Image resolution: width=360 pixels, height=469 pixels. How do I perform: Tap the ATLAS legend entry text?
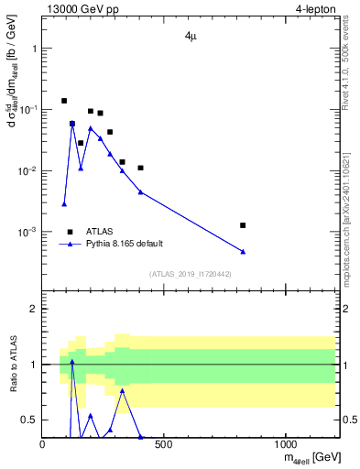[x=100, y=232]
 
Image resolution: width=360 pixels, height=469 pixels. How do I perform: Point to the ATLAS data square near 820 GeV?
[x=243, y=224]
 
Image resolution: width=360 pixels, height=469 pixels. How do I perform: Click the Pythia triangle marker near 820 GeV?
[x=243, y=251]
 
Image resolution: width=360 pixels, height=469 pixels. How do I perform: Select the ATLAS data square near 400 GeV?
[x=140, y=168]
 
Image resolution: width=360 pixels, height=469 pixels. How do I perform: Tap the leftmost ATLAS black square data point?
[x=64, y=101]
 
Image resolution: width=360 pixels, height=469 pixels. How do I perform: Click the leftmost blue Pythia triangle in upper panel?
[x=64, y=203]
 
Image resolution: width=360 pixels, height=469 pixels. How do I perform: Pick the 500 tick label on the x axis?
[x=164, y=445]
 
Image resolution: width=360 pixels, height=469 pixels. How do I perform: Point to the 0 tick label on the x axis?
[x=43, y=445]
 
